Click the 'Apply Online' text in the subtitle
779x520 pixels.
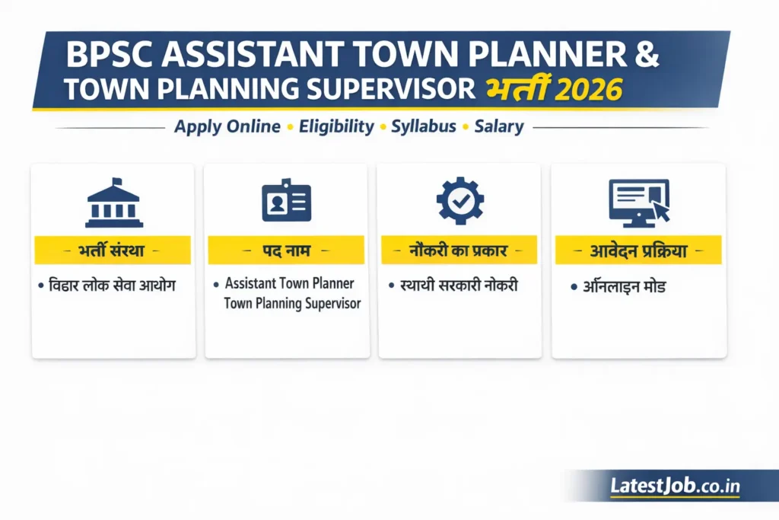227,126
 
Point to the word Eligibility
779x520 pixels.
336,126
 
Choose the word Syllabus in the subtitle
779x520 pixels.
424,126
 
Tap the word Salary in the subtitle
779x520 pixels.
499,126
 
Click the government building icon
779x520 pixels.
113,203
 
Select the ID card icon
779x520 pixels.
286,201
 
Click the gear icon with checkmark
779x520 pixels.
459,201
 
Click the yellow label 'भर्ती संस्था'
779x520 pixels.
113,250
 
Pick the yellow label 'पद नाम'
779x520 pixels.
286,250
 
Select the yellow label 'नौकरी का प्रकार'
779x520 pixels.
459,250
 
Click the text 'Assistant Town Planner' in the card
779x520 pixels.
290,283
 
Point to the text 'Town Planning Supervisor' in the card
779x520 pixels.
292,303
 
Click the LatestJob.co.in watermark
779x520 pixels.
676,486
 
